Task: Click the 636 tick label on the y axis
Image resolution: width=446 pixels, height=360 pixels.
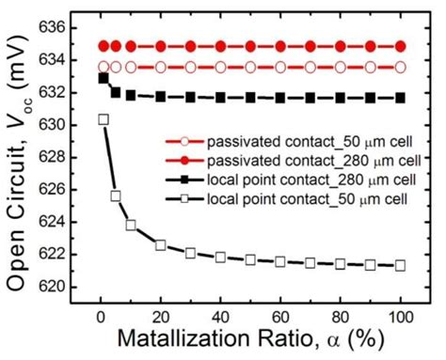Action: [x=72, y=27]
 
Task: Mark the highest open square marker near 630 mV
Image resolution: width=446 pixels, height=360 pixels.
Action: [x=104, y=119]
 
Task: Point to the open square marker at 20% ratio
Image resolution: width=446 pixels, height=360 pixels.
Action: [x=161, y=245]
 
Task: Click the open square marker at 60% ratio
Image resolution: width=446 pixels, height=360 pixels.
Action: [x=280, y=261]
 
